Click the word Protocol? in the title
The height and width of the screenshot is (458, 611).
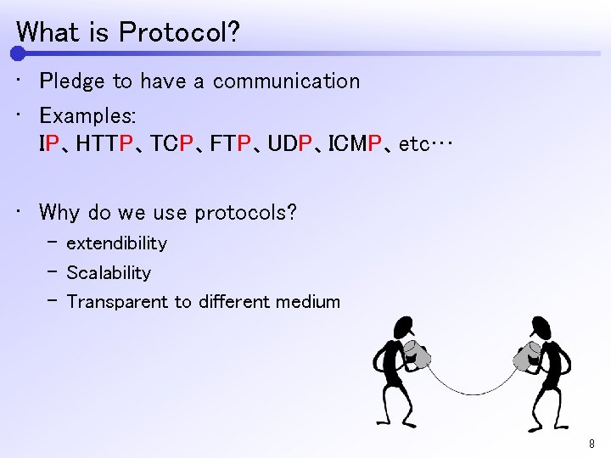click(x=179, y=32)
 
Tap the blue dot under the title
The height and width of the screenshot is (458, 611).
click(x=18, y=53)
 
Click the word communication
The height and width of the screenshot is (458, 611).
click(x=286, y=81)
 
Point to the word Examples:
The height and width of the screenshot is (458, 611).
click(x=87, y=114)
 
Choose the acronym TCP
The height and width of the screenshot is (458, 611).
click(x=177, y=144)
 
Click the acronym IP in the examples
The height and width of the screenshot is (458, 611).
click(x=50, y=144)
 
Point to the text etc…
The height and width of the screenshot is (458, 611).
click(x=426, y=145)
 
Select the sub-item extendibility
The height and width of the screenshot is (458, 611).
click(x=116, y=243)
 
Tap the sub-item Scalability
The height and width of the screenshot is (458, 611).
click(x=109, y=273)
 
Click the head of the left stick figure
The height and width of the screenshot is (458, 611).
click(x=403, y=327)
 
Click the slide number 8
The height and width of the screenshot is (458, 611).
click(x=591, y=444)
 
